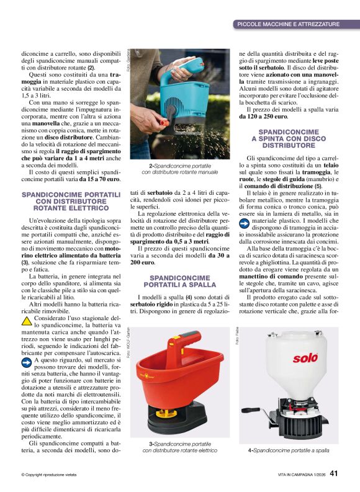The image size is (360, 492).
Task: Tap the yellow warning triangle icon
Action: tap(26, 321)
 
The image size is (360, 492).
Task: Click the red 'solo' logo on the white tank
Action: tap(305, 358)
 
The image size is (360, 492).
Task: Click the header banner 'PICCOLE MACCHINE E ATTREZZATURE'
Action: tap(289, 24)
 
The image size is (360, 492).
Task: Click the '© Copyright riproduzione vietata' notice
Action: tap(49, 475)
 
